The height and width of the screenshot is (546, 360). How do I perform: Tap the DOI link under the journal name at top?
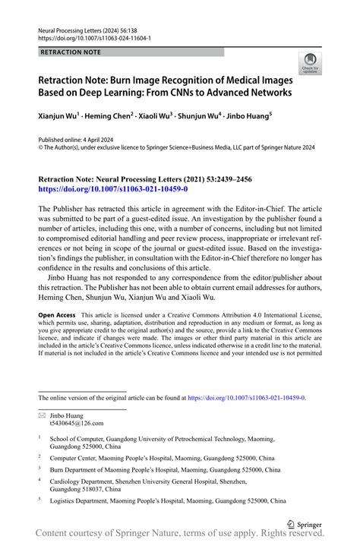(94, 36)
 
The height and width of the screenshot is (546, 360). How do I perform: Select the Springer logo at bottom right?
(304, 524)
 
